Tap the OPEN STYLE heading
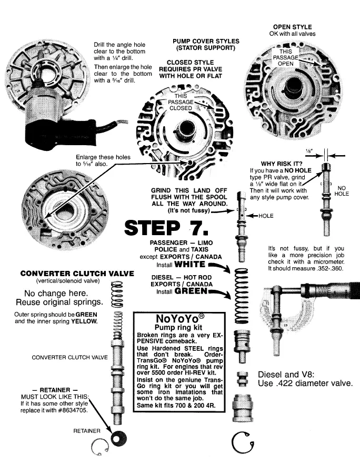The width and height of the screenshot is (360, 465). (x=292, y=27)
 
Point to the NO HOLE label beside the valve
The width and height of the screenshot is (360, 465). (x=342, y=190)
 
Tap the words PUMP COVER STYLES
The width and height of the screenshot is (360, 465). (x=206, y=41)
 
